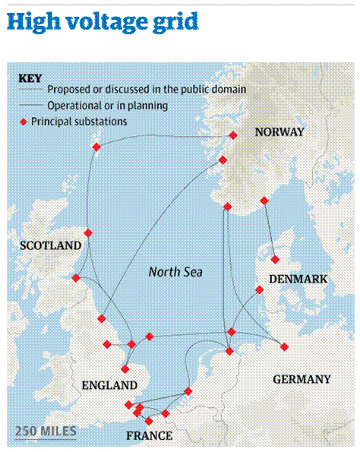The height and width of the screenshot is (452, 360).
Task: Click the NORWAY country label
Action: (x=279, y=132)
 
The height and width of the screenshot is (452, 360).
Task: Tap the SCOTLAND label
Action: (x=50, y=245)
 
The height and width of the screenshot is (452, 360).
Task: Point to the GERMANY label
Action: (x=302, y=379)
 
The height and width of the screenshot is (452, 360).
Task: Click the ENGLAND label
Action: (x=109, y=386)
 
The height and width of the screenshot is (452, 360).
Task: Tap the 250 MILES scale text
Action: (x=46, y=432)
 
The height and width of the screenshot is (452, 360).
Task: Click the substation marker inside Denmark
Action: (x=275, y=260)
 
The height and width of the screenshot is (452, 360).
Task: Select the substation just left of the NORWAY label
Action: (x=233, y=135)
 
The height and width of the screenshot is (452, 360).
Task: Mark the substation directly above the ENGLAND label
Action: (x=125, y=369)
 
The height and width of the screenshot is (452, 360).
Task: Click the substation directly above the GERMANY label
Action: (x=284, y=347)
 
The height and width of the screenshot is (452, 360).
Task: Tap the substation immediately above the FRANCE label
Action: (x=149, y=421)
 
